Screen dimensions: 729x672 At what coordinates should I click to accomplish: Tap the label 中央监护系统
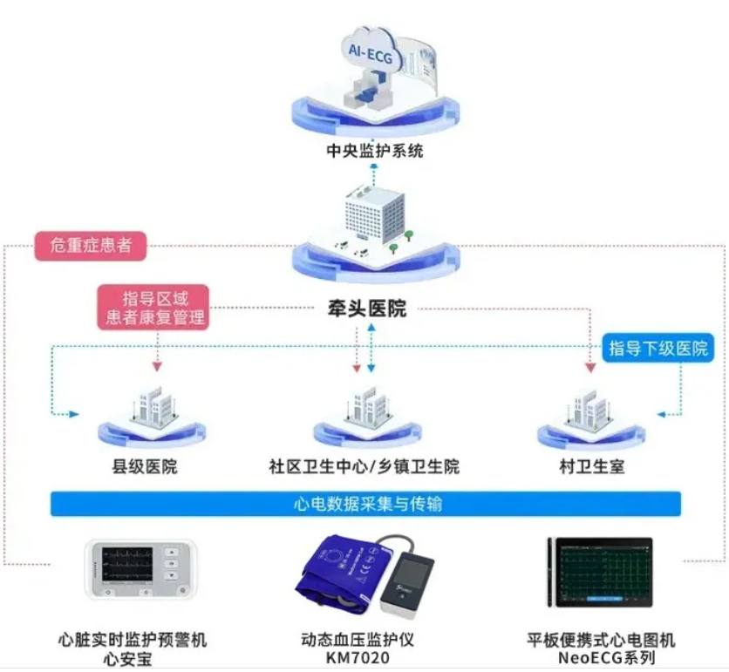click(x=375, y=151)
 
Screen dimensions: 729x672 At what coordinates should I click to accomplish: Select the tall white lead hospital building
click(x=375, y=214)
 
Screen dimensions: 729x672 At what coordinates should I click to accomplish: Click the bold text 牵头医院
click(x=367, y=309)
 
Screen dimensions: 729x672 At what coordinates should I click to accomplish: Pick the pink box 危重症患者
click(x=91, y=246)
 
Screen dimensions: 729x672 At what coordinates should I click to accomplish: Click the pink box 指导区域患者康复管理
click(x=153, y=308)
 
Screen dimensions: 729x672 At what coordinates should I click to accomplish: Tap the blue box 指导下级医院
click(x=657, y=348)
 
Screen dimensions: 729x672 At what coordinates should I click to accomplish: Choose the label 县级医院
click(x=145, y=466)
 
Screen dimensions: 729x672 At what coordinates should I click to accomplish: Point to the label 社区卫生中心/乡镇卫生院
click(x=364, y=466)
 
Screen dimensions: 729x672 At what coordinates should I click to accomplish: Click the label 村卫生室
click(x=592, y=466)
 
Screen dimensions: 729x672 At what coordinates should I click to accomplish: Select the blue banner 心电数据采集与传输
click(x=365, y=504)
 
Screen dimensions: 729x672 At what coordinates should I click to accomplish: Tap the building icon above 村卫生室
click(x=590, y=408)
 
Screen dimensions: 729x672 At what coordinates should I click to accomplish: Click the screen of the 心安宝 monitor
click(x=127, y=565)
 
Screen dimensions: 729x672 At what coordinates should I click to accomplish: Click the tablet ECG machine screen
click(x=604, y=572)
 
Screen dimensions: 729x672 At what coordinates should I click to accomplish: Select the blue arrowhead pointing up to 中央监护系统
click(x=375, y=165)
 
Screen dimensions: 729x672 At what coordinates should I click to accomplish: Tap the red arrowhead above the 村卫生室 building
click(x=590, y=368)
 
